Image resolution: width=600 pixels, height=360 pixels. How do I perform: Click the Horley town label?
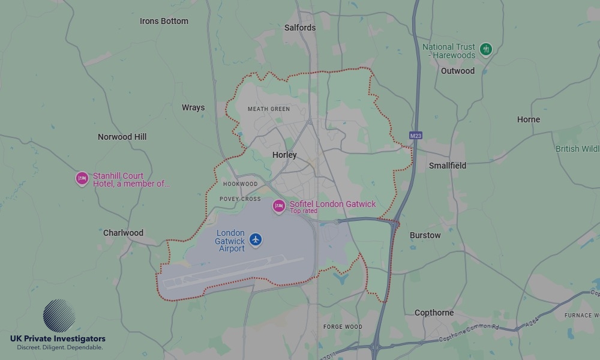coord(284,155)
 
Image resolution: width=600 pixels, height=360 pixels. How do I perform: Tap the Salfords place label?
coord(300,28)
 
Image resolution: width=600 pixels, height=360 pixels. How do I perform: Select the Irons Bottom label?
coord(164,21)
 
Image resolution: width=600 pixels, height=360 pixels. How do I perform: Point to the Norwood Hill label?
coord(122,137)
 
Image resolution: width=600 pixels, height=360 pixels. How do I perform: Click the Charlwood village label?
coord(123,233)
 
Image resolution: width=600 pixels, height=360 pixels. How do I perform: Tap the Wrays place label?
coord(193,108)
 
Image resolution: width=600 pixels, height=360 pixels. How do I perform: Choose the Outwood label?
coord(458,71)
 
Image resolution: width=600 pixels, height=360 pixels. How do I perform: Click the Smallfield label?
coord(448,165)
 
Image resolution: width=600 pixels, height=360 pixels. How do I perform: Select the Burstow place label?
coord(425,235)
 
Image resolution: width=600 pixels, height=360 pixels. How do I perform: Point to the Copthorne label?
coord(434,313)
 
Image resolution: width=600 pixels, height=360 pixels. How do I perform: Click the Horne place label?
coord(529,119)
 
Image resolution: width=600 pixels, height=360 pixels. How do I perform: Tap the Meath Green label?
coord(269,109)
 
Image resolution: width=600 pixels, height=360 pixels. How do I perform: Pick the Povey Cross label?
coord(240,199)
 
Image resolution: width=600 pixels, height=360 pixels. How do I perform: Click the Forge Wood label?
coord(343,327)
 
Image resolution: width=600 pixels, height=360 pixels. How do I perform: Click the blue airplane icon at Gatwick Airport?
coord(256,240)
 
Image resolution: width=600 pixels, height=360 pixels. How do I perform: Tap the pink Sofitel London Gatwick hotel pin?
coord(278,206)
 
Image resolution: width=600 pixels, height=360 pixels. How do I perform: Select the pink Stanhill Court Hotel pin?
coord(82,178)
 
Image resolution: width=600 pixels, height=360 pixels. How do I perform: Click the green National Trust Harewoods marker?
coord(486,49)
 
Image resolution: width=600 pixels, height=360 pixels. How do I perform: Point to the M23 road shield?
coord(416,136)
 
